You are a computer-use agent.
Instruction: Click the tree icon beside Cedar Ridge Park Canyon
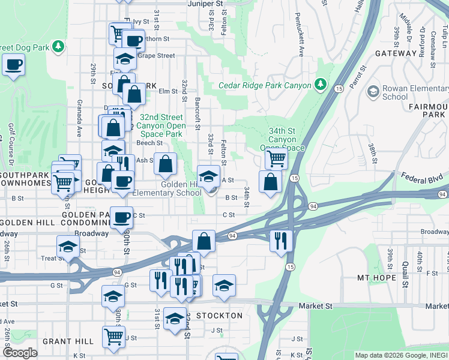pos(321,85)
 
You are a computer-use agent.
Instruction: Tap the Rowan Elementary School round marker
pos(373,91)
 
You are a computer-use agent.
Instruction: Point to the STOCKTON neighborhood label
pos(220,316)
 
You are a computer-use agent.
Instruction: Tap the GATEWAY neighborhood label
pos(396,53)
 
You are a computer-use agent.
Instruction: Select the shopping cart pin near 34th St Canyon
pos(276,158)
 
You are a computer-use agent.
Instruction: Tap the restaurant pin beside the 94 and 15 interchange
pos(281,239)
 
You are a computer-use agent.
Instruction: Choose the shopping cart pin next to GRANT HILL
pos(113,337)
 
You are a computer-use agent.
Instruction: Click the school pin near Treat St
pos(68,246)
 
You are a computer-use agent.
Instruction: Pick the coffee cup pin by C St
pos(121,217)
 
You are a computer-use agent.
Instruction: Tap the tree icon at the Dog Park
pos(58,46)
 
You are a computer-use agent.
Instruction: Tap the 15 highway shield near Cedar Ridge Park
pos(339,88)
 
